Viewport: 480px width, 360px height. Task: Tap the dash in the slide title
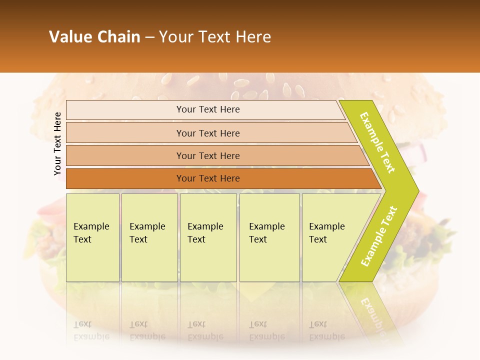149,37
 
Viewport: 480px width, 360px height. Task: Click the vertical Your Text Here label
57,143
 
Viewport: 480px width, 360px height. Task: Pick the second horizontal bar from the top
207,133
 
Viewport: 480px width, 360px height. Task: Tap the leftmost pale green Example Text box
92,237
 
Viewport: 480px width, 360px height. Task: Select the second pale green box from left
149,237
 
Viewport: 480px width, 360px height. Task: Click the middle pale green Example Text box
208,237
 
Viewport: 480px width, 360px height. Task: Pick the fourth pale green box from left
269,237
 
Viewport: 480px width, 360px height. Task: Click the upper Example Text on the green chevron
377,142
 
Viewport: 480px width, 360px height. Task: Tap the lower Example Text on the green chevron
379,236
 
